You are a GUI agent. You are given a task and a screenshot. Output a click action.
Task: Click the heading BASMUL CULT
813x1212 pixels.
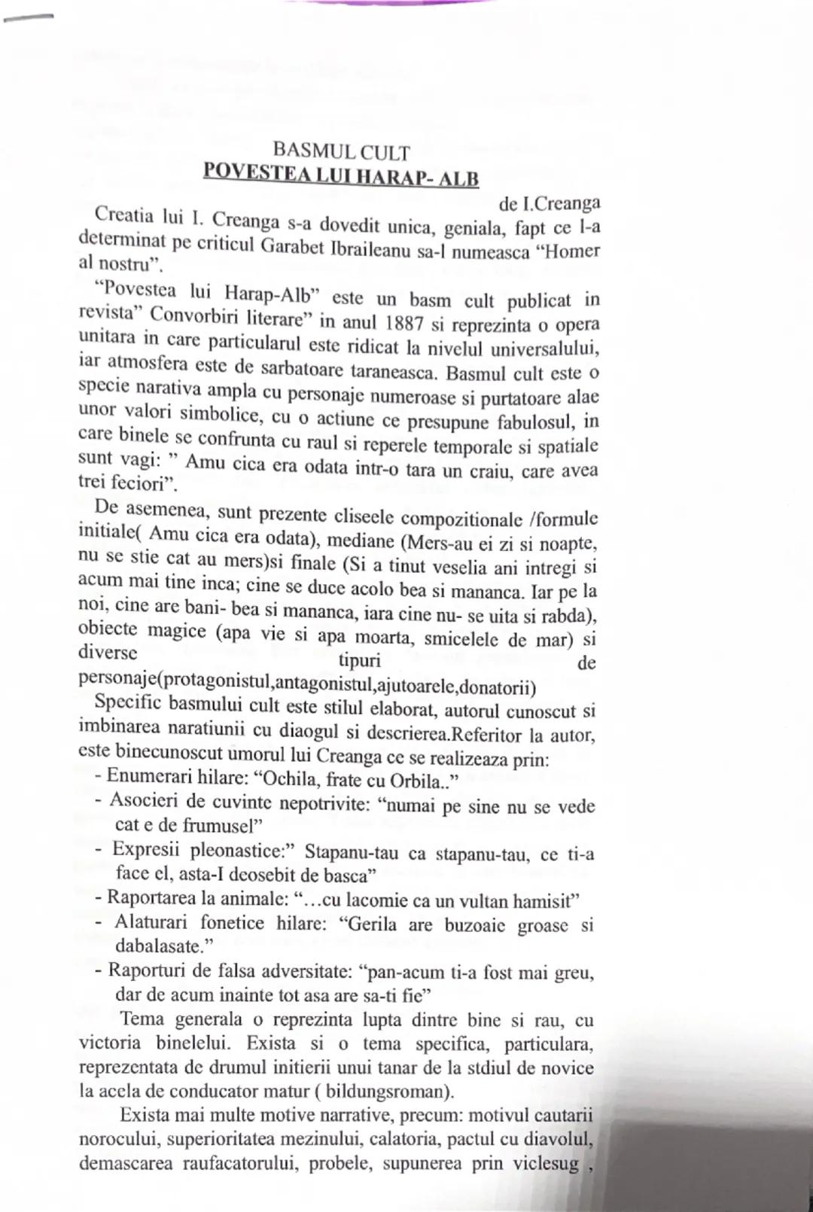point(341,152)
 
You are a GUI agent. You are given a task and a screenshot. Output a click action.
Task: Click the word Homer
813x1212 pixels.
point(569,251)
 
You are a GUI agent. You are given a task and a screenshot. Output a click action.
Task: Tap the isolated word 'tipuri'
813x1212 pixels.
point(359,661)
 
